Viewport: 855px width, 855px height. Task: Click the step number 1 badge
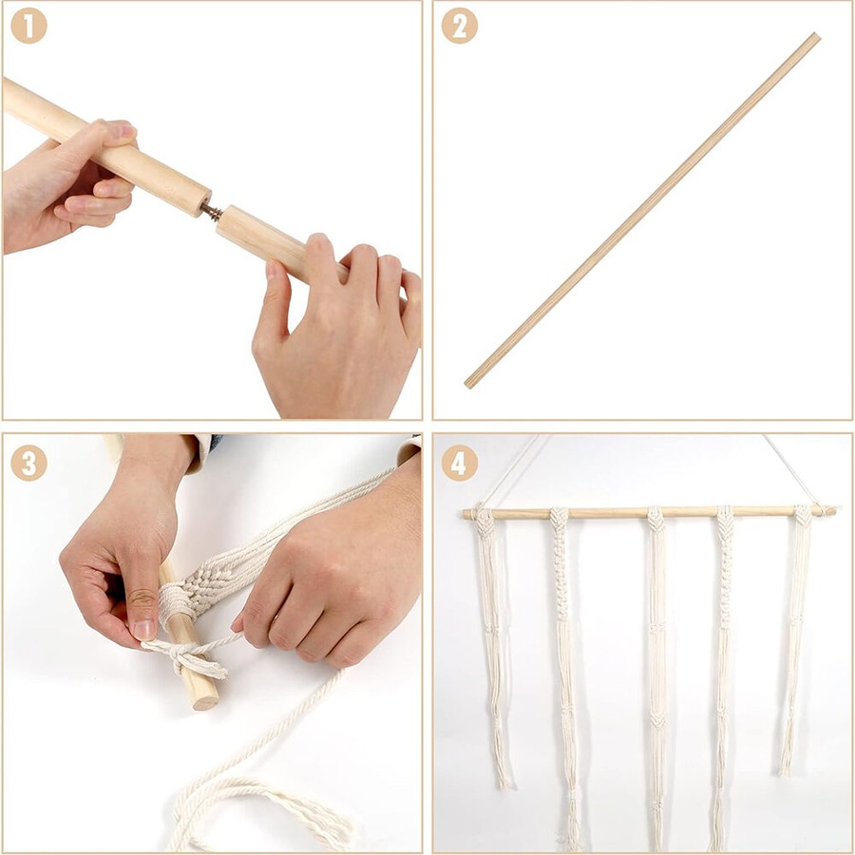tap(28, 25)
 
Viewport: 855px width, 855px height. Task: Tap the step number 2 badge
tap(459, 25)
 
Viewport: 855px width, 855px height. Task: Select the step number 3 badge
tap(28, 463)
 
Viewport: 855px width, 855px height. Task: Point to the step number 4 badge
tap(459, 463)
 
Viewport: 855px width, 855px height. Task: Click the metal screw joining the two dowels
tap(212, 209)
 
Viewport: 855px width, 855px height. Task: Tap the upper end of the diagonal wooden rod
tap(817, 37)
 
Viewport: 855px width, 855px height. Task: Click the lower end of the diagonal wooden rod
tap(467, 384)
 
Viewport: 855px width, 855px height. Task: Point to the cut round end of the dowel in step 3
tap(206, 699)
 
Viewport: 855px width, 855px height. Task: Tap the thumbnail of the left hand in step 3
tap(143, 629)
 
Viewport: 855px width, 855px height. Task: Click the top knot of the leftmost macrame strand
tap(484, 522)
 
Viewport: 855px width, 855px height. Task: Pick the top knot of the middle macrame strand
tap(655, 519)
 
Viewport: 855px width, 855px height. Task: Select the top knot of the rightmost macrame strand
tap(803, 515)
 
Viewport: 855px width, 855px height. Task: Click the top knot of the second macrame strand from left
tap(559, 519)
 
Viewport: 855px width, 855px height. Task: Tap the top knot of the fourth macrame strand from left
tap(725, 519)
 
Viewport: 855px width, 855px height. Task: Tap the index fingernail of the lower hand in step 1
tap(271, 270)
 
